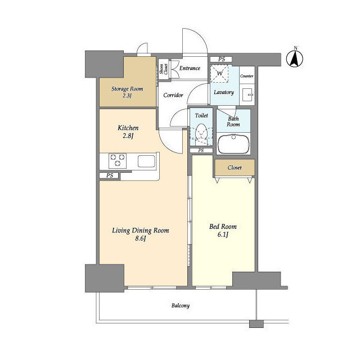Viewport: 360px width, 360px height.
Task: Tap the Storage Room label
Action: pyautogui.click(x=127, y=89)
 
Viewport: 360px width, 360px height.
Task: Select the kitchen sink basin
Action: pyautogui.click(x=146, y=161)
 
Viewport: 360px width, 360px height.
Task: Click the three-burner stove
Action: pyautogui.click(x=118, y=160)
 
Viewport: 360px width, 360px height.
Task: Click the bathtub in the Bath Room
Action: pyautogui.click(x=233, y=144)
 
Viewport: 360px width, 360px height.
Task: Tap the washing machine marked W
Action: pyautogui.click(x=219, y=74)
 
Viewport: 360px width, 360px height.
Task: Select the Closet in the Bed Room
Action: pyautogui.click(x=235, y=168)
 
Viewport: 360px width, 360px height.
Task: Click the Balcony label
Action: pyautogui.click(x=181, y=305)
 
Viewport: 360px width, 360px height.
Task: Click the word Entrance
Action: pyautogui.click(x=190, y=68)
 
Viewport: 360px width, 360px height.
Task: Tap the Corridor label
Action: pyautogui.click(x=173, y=95)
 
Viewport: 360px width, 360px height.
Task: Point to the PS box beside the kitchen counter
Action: pyautogui.click(x=109, y=175)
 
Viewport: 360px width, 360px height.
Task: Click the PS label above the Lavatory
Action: pyautogui.click(x=221, y=59)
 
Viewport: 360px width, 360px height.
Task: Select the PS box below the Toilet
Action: pyautogui.click(x=201, y=151)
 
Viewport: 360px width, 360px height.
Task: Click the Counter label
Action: pyautogui.click(x=246, y=76)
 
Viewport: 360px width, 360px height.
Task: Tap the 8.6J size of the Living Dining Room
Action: pyautogui.click(x=141, y=238)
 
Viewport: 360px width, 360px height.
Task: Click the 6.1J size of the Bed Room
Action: pyautogui.click(x=223, y=235)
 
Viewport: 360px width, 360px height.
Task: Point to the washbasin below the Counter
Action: pyautogui.click(x=248, y=94)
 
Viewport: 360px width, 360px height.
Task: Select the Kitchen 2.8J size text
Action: pyautogui.click(x=128, y=136)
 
